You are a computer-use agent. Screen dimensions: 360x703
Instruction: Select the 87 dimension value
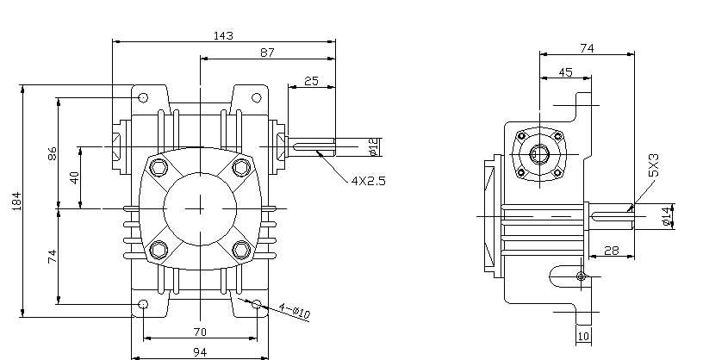coord(266,53)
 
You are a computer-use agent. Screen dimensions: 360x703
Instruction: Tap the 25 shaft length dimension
coord(311,81)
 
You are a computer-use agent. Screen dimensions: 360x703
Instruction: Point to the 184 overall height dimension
coord(16,202)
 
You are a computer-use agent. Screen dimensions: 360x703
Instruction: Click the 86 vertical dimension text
coord(52,154)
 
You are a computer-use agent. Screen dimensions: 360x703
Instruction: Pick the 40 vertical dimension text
coord(74,177)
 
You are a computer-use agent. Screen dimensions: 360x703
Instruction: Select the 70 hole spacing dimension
coord(200,331)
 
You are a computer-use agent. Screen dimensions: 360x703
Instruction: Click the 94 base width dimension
coord(199,351)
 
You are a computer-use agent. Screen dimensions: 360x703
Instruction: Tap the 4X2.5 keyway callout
coord(367,181)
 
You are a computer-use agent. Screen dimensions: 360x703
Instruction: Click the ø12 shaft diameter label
coord(372,147)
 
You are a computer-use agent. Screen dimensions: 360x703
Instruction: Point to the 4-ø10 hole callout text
coord(293,309)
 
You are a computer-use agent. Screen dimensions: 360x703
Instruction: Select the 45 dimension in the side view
coord(565,72)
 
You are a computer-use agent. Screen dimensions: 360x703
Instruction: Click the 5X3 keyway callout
coord(654,165)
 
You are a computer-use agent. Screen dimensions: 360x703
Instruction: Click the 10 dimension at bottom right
coord(582,335)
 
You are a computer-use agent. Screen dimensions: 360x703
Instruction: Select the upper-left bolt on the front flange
coord(159,167)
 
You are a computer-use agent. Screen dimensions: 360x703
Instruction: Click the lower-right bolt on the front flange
coord(241,250)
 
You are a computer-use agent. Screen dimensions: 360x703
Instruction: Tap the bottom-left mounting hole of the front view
coord(144,305)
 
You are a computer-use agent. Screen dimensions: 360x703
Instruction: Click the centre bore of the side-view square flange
coord(539,154)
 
